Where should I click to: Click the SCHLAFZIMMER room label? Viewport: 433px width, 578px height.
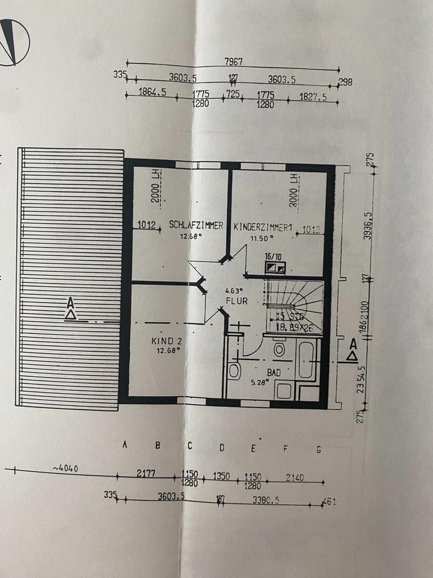pos(196,226)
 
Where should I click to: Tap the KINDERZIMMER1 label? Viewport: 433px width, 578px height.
pos(262,228)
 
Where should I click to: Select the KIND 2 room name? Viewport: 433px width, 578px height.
pos(166,341)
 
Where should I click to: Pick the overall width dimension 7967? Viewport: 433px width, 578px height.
pos(233,61)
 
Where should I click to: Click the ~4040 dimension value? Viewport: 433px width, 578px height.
pos(66,469)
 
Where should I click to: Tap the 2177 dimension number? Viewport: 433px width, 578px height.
pos(146,474)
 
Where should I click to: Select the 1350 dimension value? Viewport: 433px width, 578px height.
pos(222,477)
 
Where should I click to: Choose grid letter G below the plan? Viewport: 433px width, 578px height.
pos(319,449)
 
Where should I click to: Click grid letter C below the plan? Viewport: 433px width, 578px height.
pos(189,446)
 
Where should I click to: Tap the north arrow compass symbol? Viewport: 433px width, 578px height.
pos(13,41)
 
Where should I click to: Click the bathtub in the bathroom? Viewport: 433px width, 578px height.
pos(306,359)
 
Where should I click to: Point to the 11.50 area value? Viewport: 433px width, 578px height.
pos(260,238)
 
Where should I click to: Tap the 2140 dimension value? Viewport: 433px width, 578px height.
pos(295,478)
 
